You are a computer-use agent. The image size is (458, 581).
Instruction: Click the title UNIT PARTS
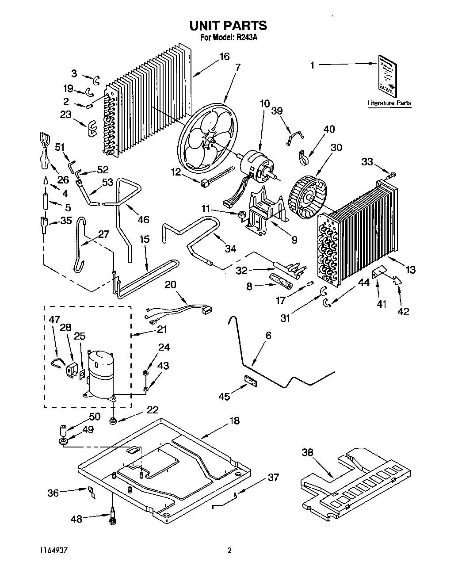tap(228, 25)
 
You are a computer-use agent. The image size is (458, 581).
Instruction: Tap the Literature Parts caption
tap(389, 103)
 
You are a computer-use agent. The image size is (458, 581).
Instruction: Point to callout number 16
tap(224, 57)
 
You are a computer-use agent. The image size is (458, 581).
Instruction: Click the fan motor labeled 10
tap(257, 165)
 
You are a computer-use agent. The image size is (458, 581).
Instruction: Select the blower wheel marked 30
tap(307, 193)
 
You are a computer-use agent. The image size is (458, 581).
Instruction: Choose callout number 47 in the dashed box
tap(54, 319)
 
